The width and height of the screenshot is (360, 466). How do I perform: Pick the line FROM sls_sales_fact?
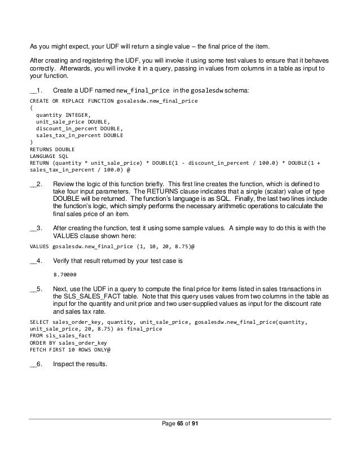coord(54,335)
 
